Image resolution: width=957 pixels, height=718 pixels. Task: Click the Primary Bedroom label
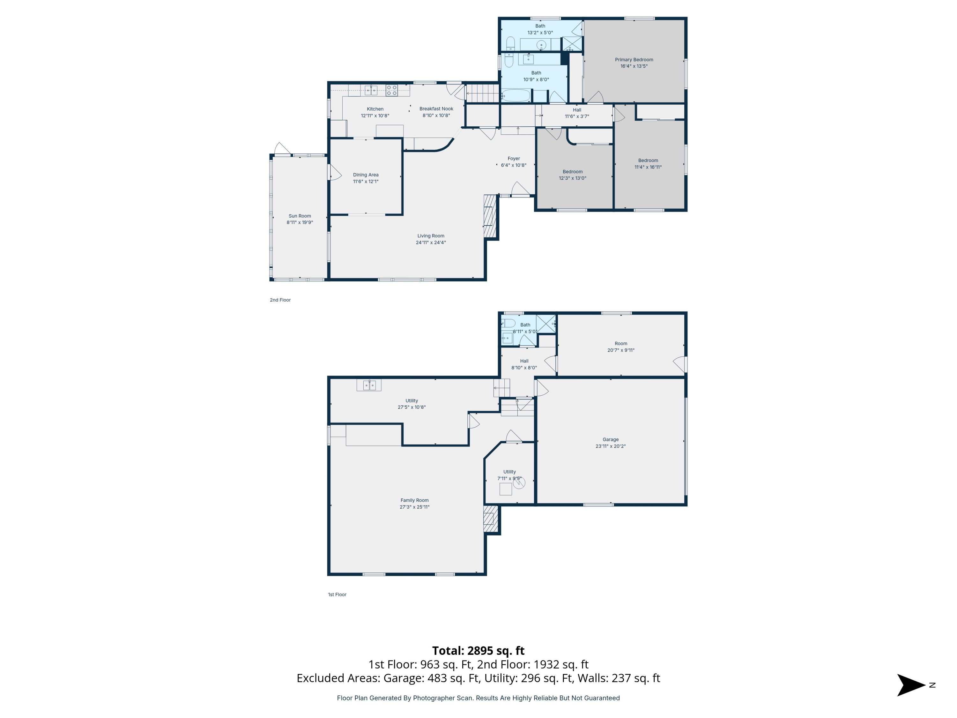tap(634, 60)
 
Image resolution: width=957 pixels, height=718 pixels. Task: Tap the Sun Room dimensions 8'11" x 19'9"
tap(300, 222)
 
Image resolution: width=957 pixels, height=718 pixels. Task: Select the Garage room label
tap(611, 439)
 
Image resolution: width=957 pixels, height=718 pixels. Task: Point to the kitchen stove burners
tap(391, 90)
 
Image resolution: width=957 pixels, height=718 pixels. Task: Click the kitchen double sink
tap(371, 90)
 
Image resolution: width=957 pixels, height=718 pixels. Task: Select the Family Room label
tap(414, 500)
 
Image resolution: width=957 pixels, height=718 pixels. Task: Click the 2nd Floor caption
tap(280, 300)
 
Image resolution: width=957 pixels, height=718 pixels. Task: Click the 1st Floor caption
tap(337, 595)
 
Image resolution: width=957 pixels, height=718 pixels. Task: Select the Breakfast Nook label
tap(436, 108)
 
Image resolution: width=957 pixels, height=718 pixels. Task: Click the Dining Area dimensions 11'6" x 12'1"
tap(366, 181)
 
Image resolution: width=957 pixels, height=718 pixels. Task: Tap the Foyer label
tap(514, 158)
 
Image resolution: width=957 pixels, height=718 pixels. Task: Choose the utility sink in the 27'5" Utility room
tap(369, 385)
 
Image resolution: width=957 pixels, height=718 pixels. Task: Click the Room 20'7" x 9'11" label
tap(621, 344)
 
